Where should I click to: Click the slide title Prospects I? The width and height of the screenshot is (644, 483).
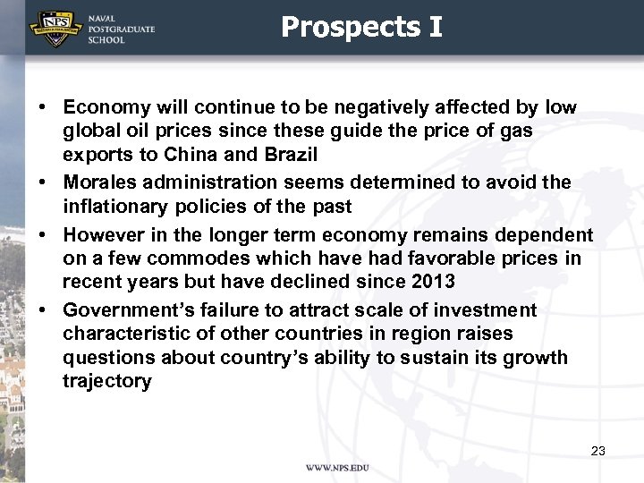[361, 27]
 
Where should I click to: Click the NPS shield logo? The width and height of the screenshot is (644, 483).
[52, 28]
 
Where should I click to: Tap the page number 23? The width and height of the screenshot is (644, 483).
[598, 451]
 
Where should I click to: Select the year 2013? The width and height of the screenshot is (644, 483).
[433, 282]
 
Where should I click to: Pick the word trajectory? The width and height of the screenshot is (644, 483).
[107, 381]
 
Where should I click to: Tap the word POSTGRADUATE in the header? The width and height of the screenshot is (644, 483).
[121, 29]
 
